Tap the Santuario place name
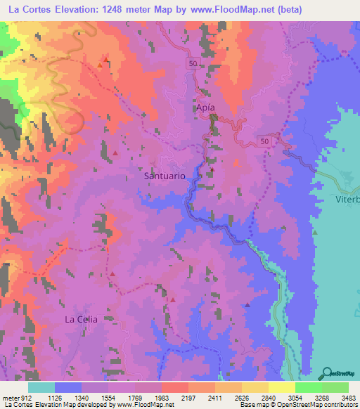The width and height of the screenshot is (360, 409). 165,176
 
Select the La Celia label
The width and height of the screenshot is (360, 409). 81,319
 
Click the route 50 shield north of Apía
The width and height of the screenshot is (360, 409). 193,63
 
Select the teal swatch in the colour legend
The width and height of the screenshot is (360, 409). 41,387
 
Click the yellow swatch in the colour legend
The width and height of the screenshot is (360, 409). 281,387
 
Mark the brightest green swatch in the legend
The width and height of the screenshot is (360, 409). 308,387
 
